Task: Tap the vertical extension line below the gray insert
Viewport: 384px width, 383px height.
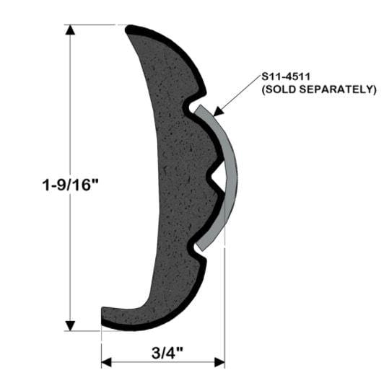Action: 224,303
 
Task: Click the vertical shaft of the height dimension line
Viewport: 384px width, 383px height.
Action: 69,108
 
